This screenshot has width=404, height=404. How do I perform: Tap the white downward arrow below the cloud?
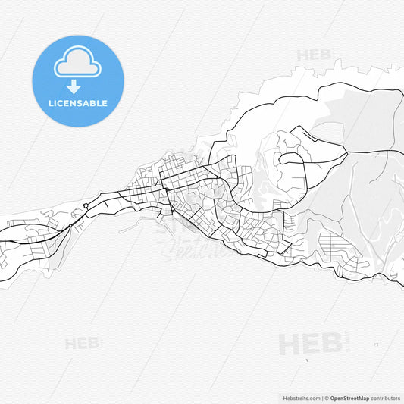click(74, 86)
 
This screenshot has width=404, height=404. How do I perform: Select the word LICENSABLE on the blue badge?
click(77, 103)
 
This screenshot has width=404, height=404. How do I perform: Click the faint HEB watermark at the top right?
click(313, 55)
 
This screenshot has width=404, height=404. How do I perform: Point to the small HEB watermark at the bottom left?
click(82, 343)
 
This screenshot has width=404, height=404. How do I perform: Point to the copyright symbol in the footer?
click(326, 398)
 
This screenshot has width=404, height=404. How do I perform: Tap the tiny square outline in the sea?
click(376, 345)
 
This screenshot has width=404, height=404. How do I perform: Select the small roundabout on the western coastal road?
click(86, 205)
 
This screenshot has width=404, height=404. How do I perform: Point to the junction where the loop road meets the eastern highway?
click(348, 152)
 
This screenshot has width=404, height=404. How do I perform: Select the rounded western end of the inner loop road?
click(281, 160)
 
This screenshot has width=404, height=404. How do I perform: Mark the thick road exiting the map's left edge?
click(3, 241)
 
